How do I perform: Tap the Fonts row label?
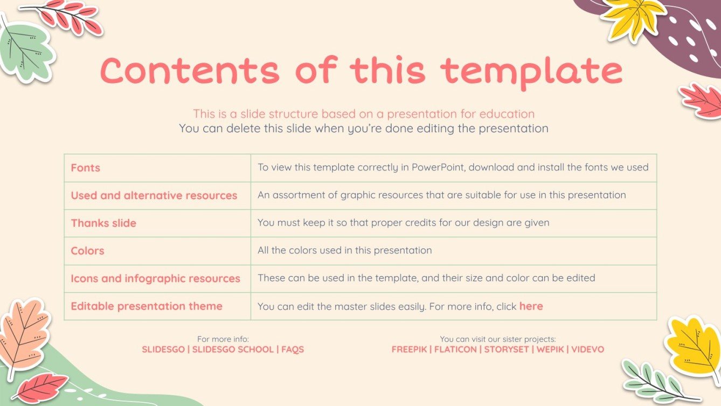pyautogui.click(x=85, y=168)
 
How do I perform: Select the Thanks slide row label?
pyautogui.click(x=103, y=223)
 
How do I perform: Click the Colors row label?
pyautogui.click(x=87, y=251)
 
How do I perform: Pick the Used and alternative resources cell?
pyautogui.click(x=154, y=196)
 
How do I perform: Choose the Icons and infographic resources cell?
pyautogui.click(x=155, y=279)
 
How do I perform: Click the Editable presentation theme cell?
pyautogui.click(x=147, y=306)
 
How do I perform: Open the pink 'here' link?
pyautogui.click(x=531, y=306)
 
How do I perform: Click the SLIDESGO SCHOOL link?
pyautogui.click(x=233, y=349)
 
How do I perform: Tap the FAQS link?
pyautogui.click(x=293, y=349)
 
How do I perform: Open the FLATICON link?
pyautogui.click(x=455, y=349)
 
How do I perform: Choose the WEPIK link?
pyautogui.click(x=550, y=349)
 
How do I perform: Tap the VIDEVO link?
pyautogui.click(x=587, y=349)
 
